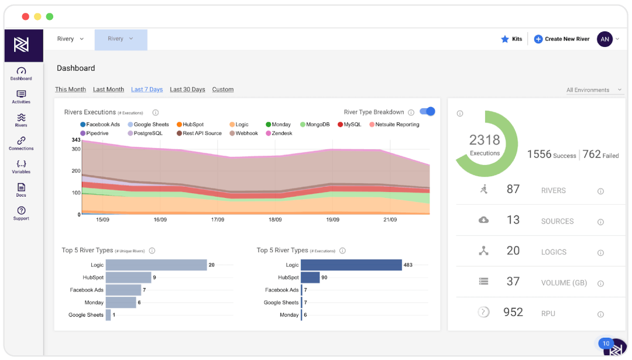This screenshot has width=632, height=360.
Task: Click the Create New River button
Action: coord(561,39)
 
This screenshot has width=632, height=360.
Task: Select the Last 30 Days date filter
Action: coord(187,90)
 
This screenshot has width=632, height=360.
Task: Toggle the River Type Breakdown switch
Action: coord(428,112)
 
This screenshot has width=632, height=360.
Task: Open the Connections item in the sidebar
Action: coord(21,143)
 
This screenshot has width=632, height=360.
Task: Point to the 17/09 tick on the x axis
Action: coord(217,220)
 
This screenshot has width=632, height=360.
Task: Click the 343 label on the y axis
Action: coord(76,140)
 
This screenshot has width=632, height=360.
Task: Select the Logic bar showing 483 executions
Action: coord(352,265)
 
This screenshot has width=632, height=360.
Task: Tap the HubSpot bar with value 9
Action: coord(128,277)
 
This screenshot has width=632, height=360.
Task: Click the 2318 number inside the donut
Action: coord(485,140)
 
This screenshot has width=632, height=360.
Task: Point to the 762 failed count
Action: coord(592,154)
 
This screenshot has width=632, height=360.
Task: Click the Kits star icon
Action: coord(505,39)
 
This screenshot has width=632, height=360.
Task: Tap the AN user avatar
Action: coord(604,39)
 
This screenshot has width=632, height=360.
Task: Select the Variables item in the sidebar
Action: coord(21,166)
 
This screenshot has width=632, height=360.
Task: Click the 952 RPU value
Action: coord(513,313)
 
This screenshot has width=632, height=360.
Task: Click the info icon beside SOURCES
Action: coord(600,222)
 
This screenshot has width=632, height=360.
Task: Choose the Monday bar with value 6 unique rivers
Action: coord(121,303)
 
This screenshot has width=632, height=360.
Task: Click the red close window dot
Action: coord(26,16)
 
